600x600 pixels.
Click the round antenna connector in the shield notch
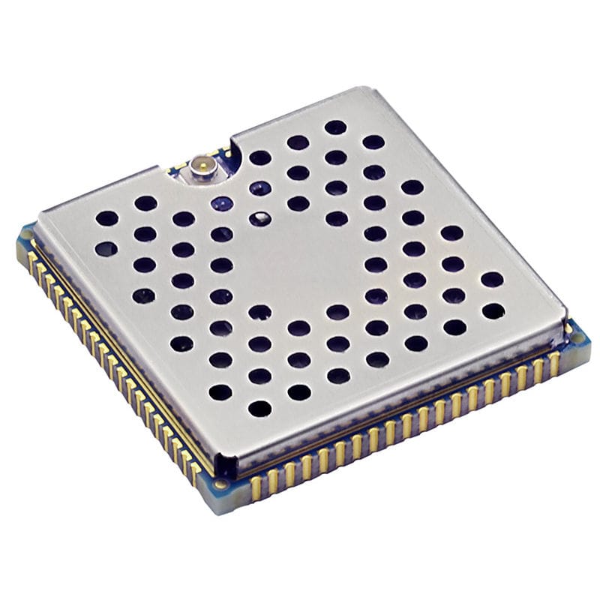coord(201,165)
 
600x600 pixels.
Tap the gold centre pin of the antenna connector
coord(200,162)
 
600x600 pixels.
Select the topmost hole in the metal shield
coord(335,127)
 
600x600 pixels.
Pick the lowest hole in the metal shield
coord(259,409)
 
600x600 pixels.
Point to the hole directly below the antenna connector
coord(221,203)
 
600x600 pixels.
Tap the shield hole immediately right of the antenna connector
coord(259,157)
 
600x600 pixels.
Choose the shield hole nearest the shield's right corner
coord(492,310)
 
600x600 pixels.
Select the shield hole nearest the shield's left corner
coord(106,218)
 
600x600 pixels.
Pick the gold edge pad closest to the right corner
coord(555,364)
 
